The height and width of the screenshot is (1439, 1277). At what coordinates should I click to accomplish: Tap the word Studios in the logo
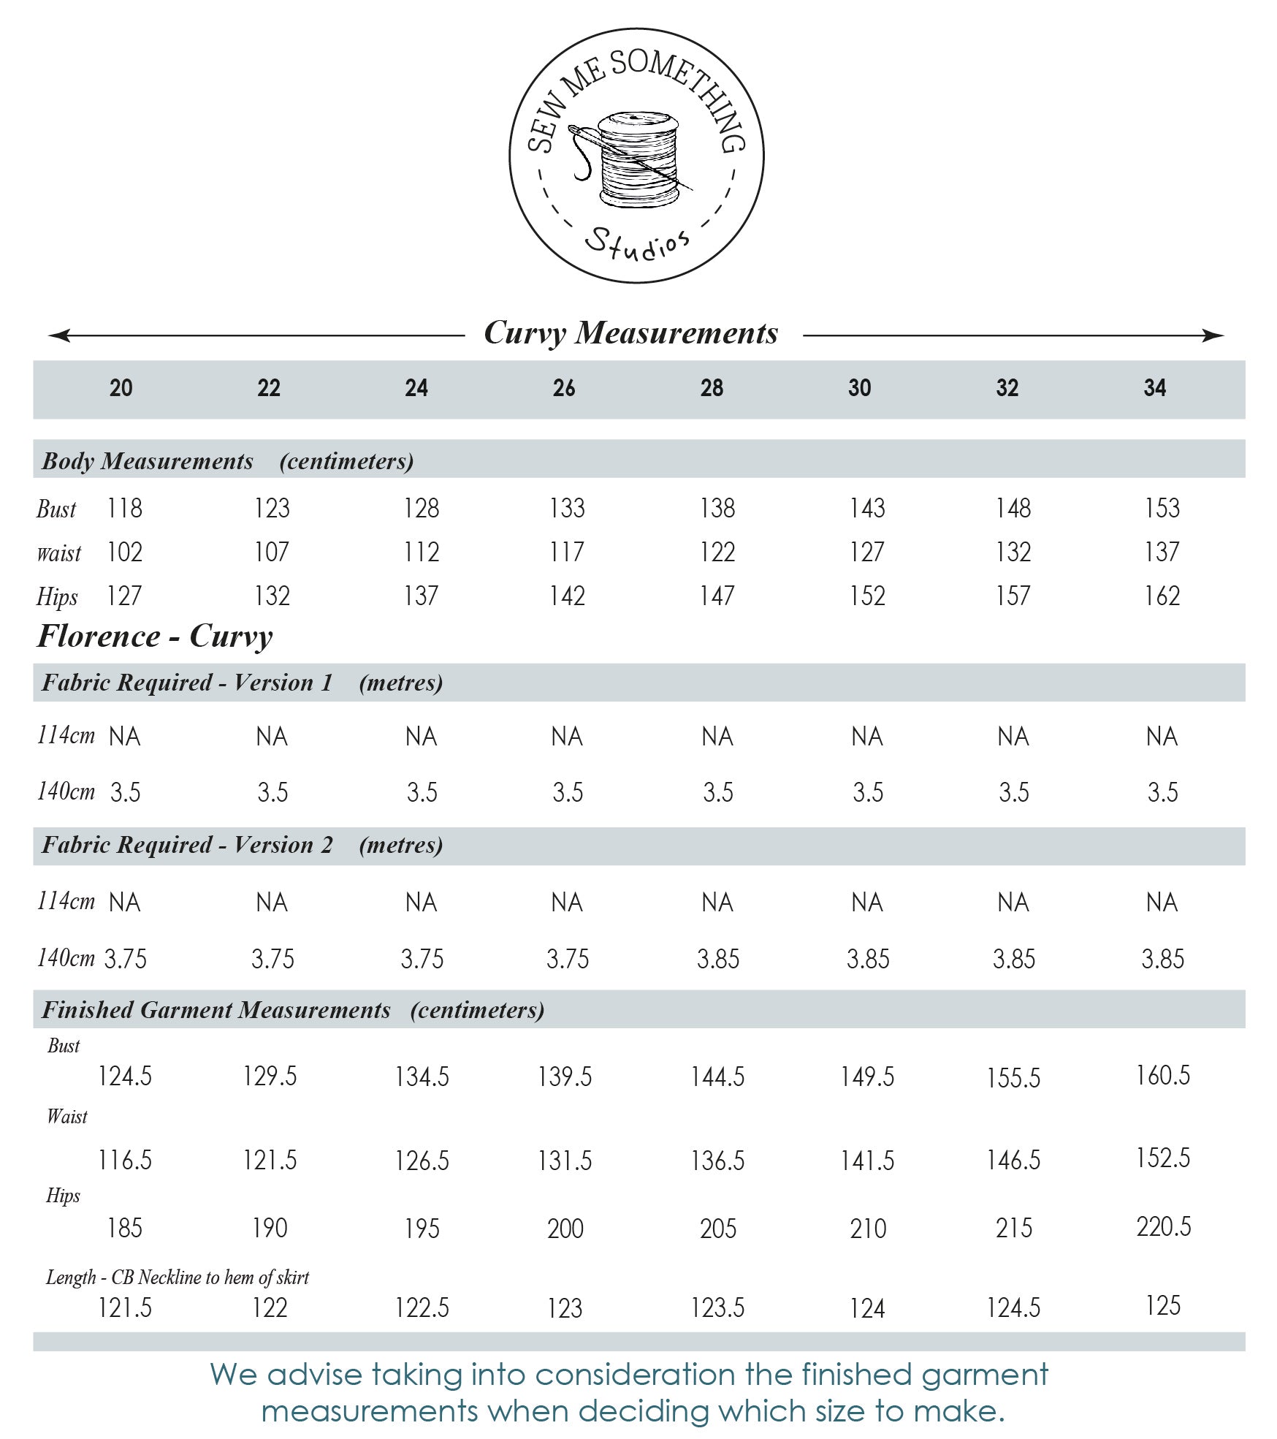coord(637,243)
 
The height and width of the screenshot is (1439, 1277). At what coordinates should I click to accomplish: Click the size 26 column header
coord(564,387)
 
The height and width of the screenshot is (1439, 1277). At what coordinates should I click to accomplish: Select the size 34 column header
coord(1155,387)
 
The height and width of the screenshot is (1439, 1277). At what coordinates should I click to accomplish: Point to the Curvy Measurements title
coord(631,333)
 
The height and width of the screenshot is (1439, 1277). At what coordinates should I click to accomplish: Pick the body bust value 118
coord(125,508)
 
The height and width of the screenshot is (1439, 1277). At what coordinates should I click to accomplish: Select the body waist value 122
coord(717,552)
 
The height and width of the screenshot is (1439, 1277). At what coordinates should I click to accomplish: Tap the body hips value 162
coord(1162,596)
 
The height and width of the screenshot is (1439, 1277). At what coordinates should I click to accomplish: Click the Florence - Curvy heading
coord(155,636)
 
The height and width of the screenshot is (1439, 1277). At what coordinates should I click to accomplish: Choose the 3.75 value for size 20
coord(126,958)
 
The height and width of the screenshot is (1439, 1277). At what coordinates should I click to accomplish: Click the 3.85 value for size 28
coord(718,958)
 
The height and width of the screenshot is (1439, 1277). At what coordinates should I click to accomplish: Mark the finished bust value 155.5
coord(1013,1077)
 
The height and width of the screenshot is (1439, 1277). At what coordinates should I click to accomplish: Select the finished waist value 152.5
coord(1163,1158)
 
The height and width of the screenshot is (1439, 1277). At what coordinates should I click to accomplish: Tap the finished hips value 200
coord(565,1229)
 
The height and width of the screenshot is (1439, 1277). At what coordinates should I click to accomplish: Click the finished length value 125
coord(1163,1305)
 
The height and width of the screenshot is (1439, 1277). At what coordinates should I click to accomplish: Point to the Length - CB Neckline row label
coord(178,1277)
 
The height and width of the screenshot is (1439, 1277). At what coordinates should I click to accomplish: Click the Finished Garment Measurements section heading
coord(292,1009)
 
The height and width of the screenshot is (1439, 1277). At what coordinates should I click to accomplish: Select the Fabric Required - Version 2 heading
coord(242,845)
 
